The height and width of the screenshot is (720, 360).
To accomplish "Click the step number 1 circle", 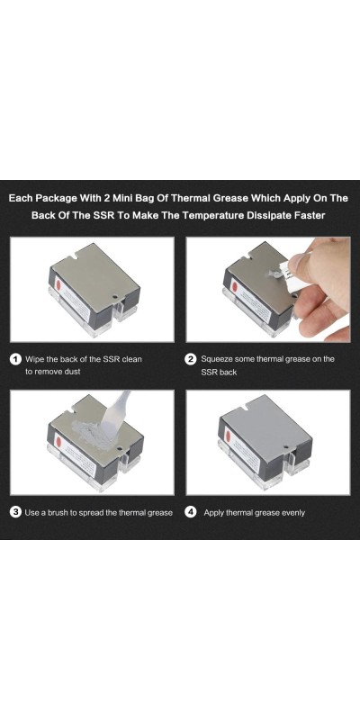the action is (x=15, y=359).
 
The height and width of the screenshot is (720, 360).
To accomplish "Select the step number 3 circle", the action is (x=15, y=512).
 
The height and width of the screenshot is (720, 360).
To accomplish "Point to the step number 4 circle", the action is (x=191, y=512).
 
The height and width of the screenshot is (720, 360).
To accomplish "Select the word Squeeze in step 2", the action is (x=217, y=359).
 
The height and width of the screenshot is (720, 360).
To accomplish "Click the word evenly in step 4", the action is (x=291, y=513).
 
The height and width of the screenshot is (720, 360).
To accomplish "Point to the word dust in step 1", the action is (x=72, y=372).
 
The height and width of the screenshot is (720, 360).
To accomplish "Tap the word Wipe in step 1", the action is (x=35, y=359).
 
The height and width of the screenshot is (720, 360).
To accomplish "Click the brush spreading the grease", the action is (x=115, y=414).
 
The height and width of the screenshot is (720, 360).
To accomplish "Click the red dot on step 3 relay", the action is (x=58, y=442).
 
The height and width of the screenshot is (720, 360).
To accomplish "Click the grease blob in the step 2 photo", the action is (x=274, y=274).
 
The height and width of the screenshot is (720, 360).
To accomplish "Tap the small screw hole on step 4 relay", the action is (x=287, y=446).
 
